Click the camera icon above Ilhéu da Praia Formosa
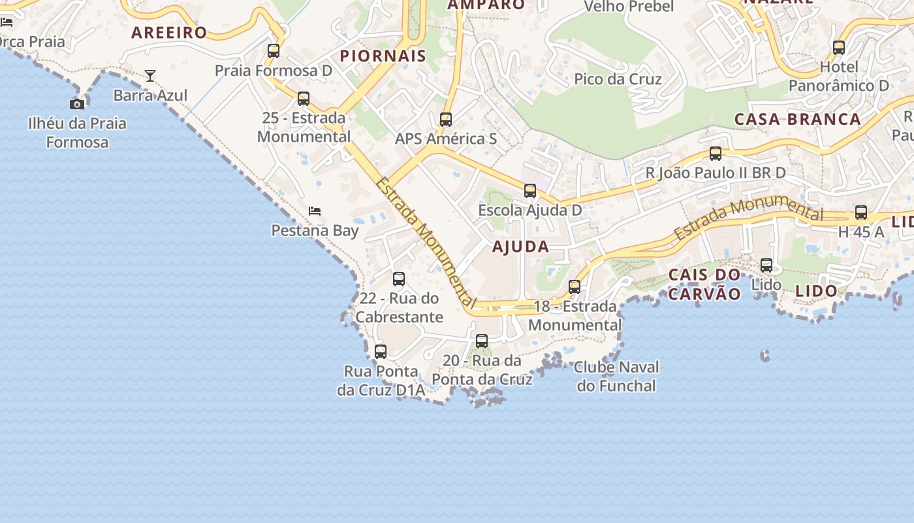77,104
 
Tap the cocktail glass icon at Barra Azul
150,76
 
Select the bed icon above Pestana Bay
315,211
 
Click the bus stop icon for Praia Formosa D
274,51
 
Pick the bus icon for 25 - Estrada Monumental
304,99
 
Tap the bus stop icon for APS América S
446,120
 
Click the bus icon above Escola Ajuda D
530,191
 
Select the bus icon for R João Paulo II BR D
716,154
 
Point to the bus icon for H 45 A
861,212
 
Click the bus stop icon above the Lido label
766,265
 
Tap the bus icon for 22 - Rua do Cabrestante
399,279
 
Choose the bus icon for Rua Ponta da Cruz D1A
381,352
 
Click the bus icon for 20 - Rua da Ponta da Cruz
482,341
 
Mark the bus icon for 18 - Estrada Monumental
575,287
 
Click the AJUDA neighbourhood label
520,246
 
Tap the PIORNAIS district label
383,56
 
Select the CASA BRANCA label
798,119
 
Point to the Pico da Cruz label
618,79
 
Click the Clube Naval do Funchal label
616,377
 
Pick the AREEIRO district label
169,33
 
